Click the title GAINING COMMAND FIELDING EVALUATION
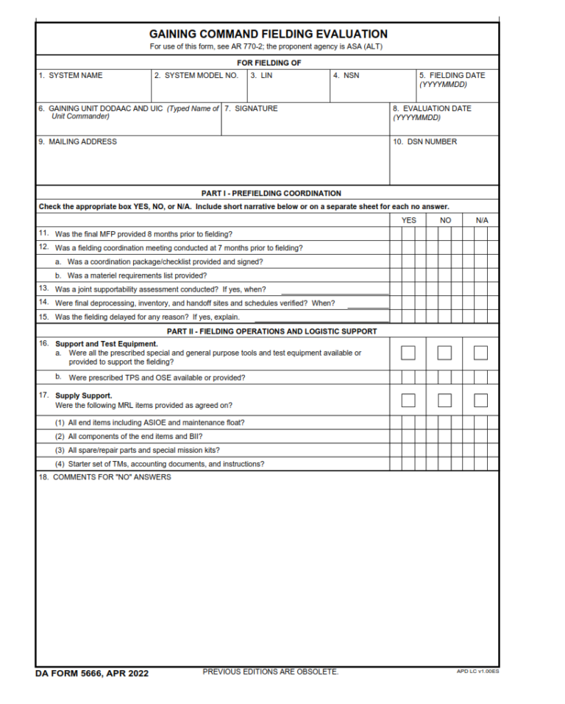268,34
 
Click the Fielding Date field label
452,75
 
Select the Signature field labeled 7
305,121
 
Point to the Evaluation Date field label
432,108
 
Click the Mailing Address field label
78,141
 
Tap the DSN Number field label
424,141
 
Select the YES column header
408,220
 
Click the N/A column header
481,220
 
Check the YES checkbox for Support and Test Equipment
408,353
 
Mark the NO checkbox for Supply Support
444,401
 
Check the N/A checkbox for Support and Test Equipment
480,353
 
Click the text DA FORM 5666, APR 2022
91,673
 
